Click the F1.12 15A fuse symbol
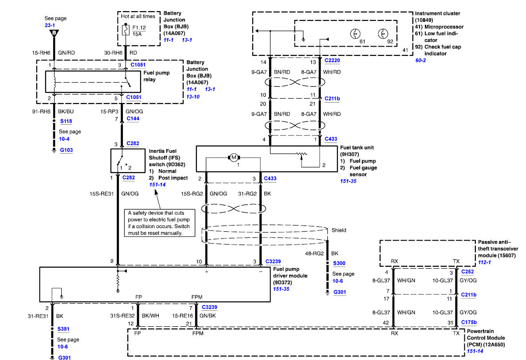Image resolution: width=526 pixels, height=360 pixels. click(x=126, y=30)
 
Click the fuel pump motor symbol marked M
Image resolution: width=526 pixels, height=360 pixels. click(x=234, y=157)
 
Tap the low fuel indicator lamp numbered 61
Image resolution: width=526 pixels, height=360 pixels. click(x=355, y=34)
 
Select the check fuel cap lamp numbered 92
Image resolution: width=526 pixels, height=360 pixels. click(x=383, y=34)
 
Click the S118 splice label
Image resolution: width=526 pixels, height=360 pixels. click(x=66, y=121)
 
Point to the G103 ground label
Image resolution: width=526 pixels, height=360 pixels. click(x=67, y=150)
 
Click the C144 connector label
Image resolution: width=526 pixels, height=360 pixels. click(x=133, y=119)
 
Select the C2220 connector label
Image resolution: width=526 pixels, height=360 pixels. click(x=332, y=60)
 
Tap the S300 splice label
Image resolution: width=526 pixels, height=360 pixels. click(x=339, y=263)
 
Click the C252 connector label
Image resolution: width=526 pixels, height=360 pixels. click(x=467, y=272)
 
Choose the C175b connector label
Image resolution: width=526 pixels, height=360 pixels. click(x=469, y=322)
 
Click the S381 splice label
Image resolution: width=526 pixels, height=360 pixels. click(x=63, y=329)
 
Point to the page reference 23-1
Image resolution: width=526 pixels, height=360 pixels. click(x=50, y=25)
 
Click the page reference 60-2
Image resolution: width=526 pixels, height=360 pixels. click(x=420, y=60)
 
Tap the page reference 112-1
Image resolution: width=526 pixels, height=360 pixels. click(x=484, y=262)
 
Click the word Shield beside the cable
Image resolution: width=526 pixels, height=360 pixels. click(x=339, y=230)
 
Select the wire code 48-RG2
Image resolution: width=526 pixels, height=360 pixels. click(x=314, y=253)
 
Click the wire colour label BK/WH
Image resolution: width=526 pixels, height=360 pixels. click(x=150, y=316)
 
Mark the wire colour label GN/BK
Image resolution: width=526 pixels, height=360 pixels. click(x=208, y=316)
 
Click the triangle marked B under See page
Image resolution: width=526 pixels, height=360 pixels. click(x=54, y=33)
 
